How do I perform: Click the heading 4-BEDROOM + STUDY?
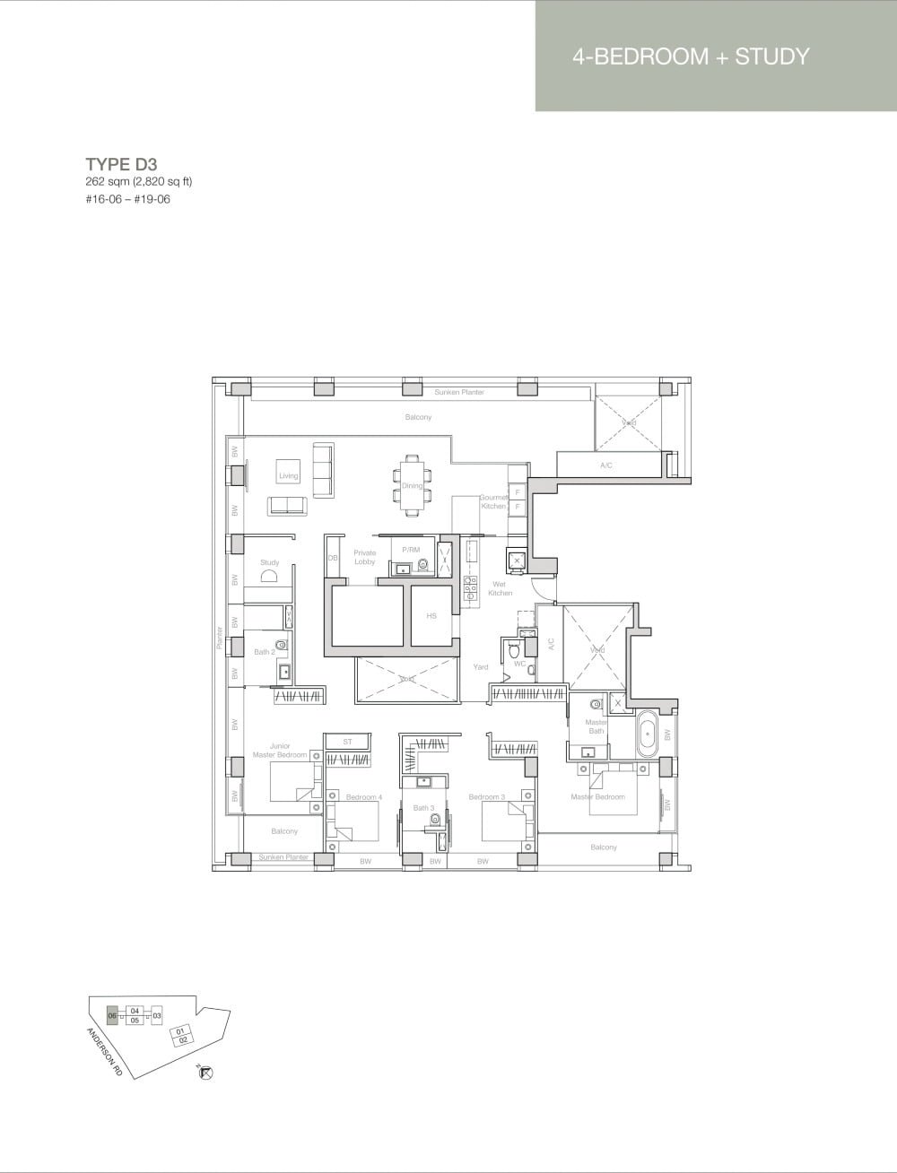coord(691,56)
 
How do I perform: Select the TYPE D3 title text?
coord(121,164)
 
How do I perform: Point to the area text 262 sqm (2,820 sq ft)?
coord(139,182)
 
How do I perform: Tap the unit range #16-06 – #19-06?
coord(127,199)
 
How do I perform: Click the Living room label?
coord(288,476)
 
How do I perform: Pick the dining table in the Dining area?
coord(411,485)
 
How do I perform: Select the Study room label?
coord(269,562)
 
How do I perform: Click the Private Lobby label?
coord(364,557)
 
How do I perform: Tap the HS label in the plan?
coord(431,616)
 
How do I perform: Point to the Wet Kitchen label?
coord(500,588)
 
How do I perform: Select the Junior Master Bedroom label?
coord(280,750)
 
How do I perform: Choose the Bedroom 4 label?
coord(363,796)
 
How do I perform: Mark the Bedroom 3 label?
coord(486,796)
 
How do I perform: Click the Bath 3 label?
coord(423,808)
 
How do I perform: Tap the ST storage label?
coord(348,742)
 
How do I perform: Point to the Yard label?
coord(481,666)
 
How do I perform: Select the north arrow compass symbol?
coord(205,1072)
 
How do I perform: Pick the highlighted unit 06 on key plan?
coord(112,1015)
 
